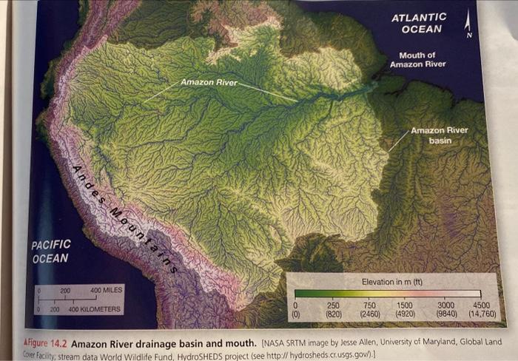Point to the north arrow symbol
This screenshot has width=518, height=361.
(468, 25)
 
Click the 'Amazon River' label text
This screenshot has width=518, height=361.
(209, 81)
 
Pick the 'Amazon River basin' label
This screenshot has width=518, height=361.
(439, 135)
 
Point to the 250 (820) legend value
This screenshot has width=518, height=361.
(334, 308)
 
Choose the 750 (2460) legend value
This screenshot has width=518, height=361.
(370, 308)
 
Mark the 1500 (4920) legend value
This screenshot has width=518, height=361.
(405, 308)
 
